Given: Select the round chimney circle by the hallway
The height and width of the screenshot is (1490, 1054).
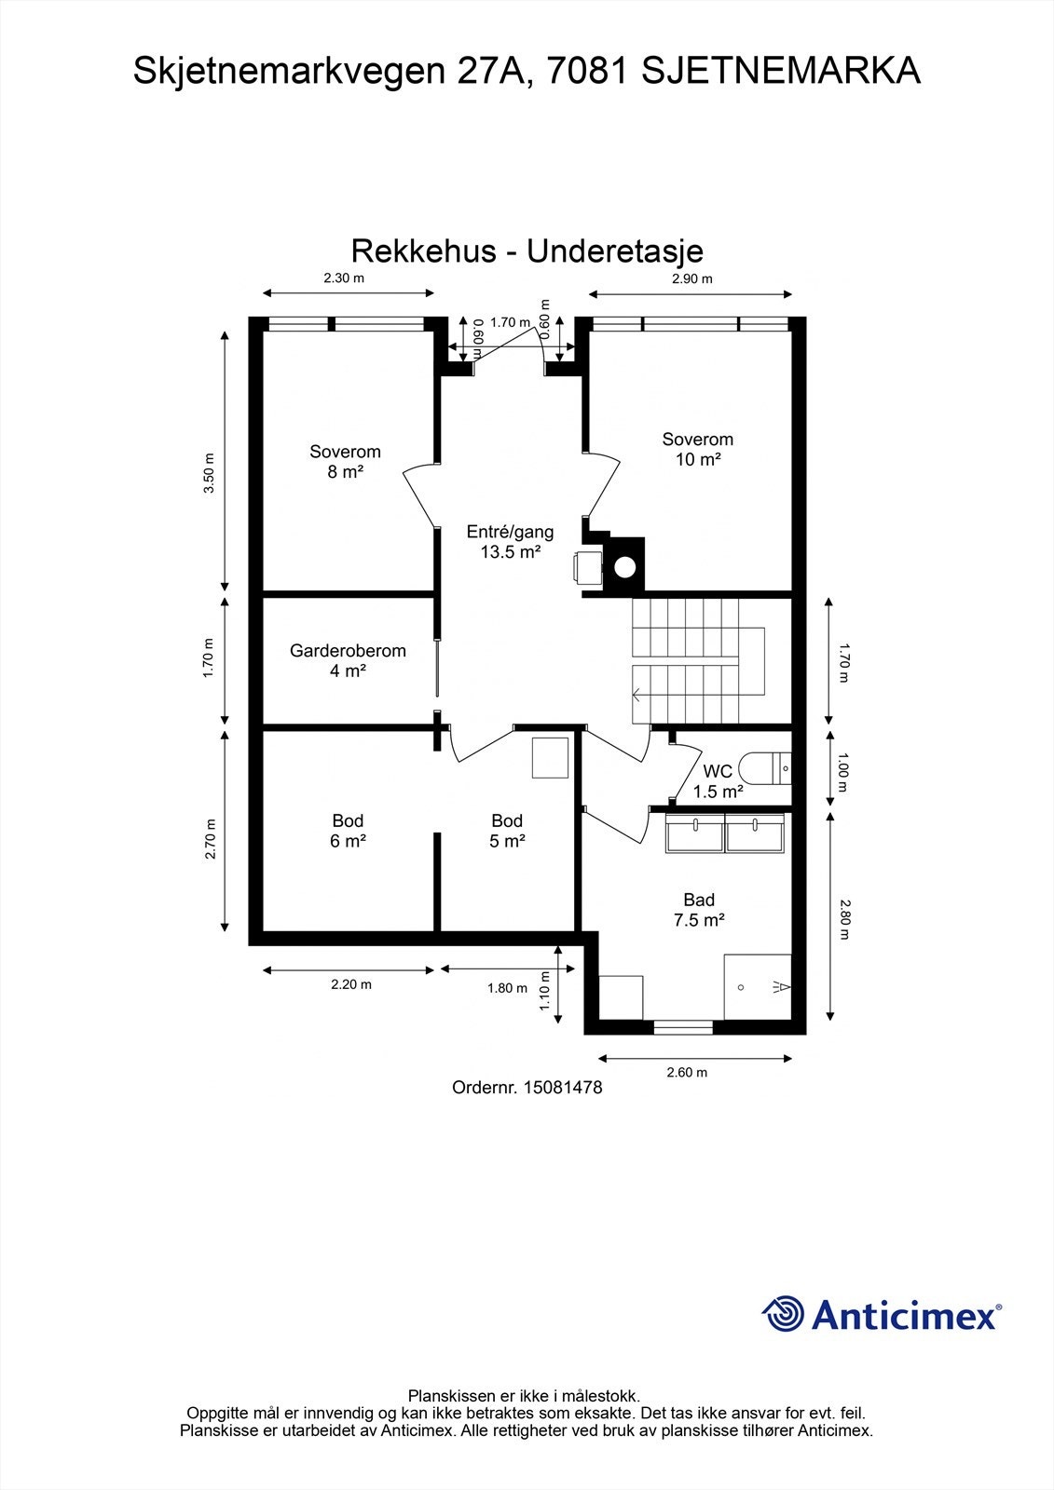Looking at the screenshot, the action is click(624, 567).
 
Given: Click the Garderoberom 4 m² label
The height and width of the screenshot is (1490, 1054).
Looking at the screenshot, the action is click(348, 660).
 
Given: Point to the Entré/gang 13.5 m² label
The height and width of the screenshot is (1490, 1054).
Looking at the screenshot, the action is click(510, 541).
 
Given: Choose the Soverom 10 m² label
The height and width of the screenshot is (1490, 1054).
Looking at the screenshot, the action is click(698, 449).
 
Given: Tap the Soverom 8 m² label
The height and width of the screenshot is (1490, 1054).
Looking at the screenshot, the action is click(345, 462).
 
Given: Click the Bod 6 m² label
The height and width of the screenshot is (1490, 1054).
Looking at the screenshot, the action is click(348, 831).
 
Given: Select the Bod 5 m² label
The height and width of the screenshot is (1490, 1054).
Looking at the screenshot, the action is click(507, 831).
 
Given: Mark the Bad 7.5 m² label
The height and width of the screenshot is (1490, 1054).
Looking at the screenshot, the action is click(699, 910).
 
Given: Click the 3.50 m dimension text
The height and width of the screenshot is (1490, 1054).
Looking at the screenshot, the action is click(210, 473).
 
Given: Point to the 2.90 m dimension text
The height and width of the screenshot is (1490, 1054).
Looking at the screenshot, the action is click(691, 278).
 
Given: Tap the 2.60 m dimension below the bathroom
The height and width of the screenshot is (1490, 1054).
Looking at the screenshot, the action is click(687, 1072).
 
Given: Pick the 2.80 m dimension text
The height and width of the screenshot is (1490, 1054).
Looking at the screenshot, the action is click(844, 919).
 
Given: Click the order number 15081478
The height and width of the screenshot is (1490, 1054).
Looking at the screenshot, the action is click(563, 1088).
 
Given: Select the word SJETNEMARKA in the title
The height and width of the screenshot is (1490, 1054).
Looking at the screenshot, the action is click(781, 71).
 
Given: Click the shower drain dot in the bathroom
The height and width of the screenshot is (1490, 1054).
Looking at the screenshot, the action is click(740, 988).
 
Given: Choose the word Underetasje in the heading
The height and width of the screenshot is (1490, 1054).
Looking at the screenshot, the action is click(615, 251).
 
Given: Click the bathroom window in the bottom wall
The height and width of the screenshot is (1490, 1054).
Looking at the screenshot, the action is click(683, 1027).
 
